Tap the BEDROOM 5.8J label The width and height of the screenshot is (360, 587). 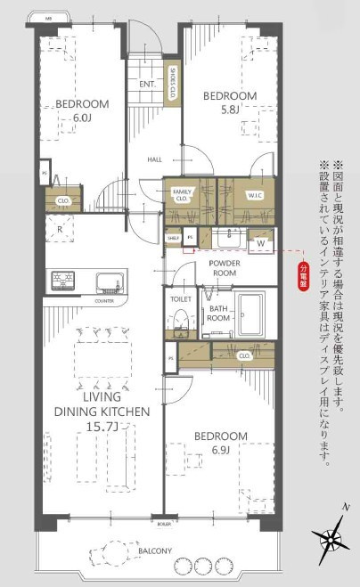229,102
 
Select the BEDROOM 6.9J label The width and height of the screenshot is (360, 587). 222,443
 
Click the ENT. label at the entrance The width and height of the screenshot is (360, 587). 148,85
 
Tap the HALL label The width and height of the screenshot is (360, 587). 154,159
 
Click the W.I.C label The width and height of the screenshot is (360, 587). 253,195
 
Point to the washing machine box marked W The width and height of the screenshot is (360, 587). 261,241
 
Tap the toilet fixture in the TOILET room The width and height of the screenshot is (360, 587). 180,322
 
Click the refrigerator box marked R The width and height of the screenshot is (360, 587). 59,230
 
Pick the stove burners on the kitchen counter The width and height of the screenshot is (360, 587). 62,281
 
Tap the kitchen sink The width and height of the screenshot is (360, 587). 108,281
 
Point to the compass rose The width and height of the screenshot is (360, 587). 330,538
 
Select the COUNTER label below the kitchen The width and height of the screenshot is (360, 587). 105,301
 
